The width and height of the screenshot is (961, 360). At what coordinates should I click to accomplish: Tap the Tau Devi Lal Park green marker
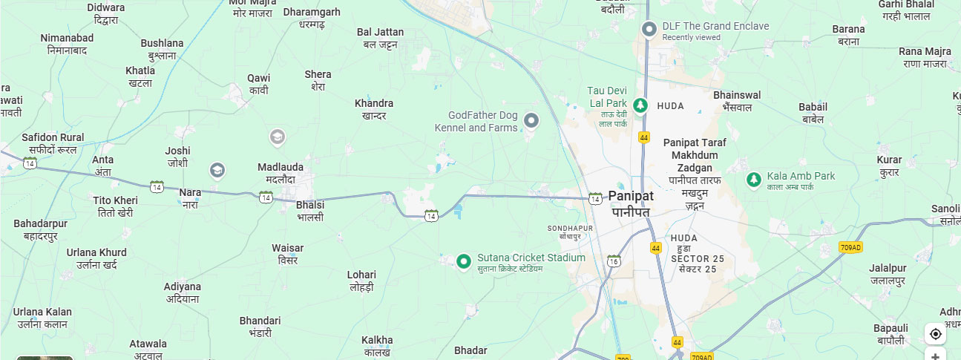click(x=640, y=105)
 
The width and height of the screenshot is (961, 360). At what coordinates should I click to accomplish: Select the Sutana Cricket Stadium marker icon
click(x=464, y=261)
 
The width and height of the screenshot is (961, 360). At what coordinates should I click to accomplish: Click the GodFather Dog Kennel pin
click(x=531, y=120)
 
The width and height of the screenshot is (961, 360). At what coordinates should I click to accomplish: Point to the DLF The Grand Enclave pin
click(x=649, y=29)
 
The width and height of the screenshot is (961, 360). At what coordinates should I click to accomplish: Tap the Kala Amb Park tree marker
click(x=753, y=179)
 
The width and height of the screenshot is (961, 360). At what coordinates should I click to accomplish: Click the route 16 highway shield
click(x=613, y=261)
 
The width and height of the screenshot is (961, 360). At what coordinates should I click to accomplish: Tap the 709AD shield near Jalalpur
click(x=850, y=246)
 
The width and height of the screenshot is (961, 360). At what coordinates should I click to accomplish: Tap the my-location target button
click(x=935, y=333)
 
